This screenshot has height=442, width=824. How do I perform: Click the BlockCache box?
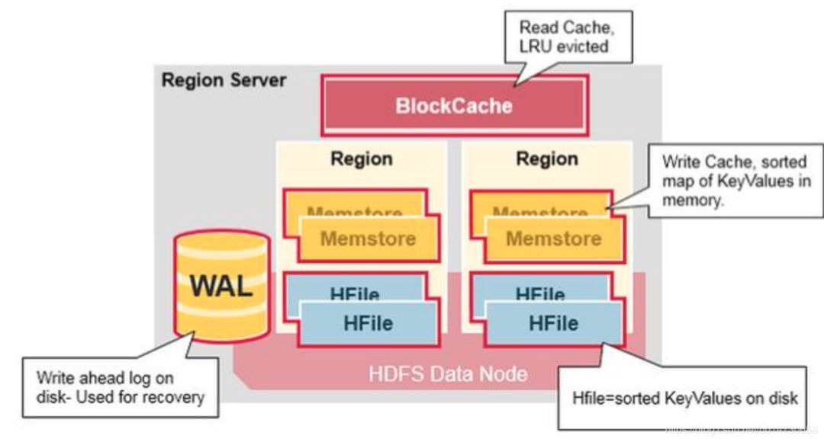coord(454,104)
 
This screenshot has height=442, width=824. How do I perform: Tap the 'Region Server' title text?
coord(224,80)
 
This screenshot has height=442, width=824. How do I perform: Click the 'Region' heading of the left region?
coord(362,159)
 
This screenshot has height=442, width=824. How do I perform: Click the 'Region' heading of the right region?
coord(547,159)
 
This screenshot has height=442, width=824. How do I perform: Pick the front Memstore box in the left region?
coord(369,239)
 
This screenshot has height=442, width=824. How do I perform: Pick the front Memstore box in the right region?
coord(553,239)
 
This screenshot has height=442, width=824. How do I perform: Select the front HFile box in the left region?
coord(369,323)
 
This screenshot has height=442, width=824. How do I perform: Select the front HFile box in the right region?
coord(553,323)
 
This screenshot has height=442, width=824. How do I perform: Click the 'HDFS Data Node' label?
coord(447,374)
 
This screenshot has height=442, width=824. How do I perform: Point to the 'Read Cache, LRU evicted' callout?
coord(565,36)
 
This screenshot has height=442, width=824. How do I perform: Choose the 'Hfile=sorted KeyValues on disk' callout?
coord(684,397)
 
